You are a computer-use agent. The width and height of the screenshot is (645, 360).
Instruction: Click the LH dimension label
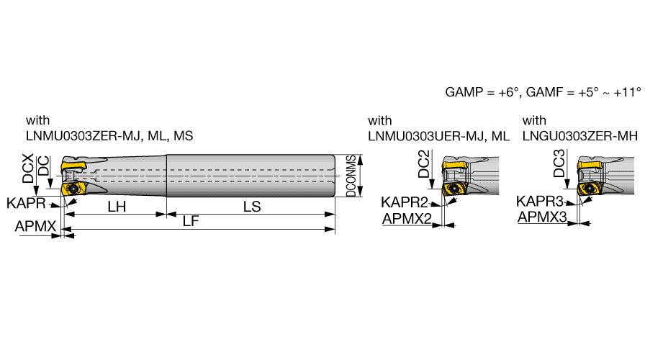pyautogui.click(x=117, y=207)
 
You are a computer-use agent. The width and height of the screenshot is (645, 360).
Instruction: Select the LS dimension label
pyautogui.click(x=252, y=207)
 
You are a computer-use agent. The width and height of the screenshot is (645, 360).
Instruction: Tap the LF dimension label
pyautogui.click(x=191, y=221)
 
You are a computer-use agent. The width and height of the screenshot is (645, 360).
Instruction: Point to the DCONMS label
pyautogui.click(x=351, y=176)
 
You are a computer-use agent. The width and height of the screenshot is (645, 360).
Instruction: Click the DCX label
pyautogui.click(x=28, y=168)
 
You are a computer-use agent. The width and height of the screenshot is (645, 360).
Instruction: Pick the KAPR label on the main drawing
pyautogui.click(x=26, y=203)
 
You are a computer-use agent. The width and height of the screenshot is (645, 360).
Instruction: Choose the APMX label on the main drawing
pyautogui.click(x=35, y=226)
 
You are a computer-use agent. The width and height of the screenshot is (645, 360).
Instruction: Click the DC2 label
pyautogui.click(x=424, y=163)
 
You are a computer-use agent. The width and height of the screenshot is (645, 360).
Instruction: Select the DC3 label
pyautogui.click(x=559, y=163)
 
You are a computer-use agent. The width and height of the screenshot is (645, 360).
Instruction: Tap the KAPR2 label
pyautogui.click(x=405, y=202)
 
